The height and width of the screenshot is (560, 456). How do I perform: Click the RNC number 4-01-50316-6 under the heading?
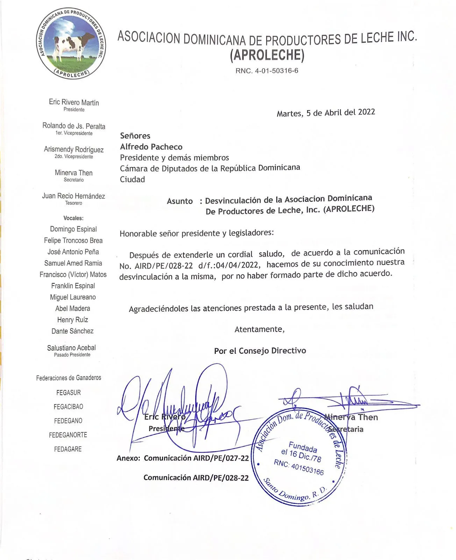coord(267,71)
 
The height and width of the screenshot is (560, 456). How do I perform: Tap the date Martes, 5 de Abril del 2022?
coord(326,113)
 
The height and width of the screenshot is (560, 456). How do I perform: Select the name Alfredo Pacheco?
coord(151,147)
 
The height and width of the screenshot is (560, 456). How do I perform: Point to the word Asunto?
coord(180,201)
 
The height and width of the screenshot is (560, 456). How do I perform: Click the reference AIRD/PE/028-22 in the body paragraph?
coord(164,266)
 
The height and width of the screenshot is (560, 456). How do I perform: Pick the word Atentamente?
coord(259,329)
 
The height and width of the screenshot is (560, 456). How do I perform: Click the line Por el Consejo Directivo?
coord(260,351)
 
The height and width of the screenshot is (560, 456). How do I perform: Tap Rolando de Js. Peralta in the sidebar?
coord(74,126)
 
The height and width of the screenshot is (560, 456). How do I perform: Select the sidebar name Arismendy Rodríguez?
coord(74,149)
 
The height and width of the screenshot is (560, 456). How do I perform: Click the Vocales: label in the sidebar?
coord(73,218)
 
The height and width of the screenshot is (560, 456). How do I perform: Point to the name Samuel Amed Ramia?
coord(73,263)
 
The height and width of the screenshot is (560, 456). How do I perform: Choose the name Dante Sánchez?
coord(72,331)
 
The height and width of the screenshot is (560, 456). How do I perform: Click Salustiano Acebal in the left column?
coord(71,348)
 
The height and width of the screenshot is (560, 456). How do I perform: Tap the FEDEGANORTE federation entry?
coord(68,435)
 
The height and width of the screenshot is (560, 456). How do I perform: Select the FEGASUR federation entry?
coord(69,393)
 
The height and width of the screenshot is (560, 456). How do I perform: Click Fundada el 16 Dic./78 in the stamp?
coord(301,451)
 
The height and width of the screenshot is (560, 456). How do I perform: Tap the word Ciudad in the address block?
coord(132,180)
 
